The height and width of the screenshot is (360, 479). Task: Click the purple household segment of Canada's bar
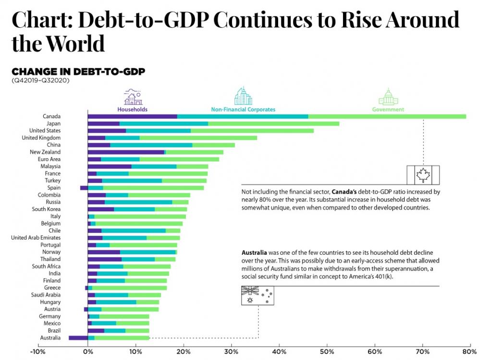[x=132, y=116]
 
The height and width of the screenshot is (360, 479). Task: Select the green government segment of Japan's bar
[x=273, y=124]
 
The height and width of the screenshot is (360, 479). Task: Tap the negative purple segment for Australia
[x=78, y=338]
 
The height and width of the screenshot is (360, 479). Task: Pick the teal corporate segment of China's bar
[x=151, y=145]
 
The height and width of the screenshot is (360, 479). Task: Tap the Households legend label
[x=133, y=110]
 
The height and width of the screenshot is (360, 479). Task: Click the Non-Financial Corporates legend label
[x=243, y=110]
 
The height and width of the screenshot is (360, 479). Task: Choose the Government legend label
[x=388, y=110]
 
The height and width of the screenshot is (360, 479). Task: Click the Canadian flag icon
[x=423, y=174]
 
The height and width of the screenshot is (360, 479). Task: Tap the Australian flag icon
[x=257, y=296]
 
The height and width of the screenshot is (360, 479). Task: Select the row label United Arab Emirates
[x=36, y=237]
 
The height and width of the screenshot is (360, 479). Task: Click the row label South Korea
[x=46, y=209]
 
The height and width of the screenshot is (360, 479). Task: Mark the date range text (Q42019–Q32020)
[x=41, y=80]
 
